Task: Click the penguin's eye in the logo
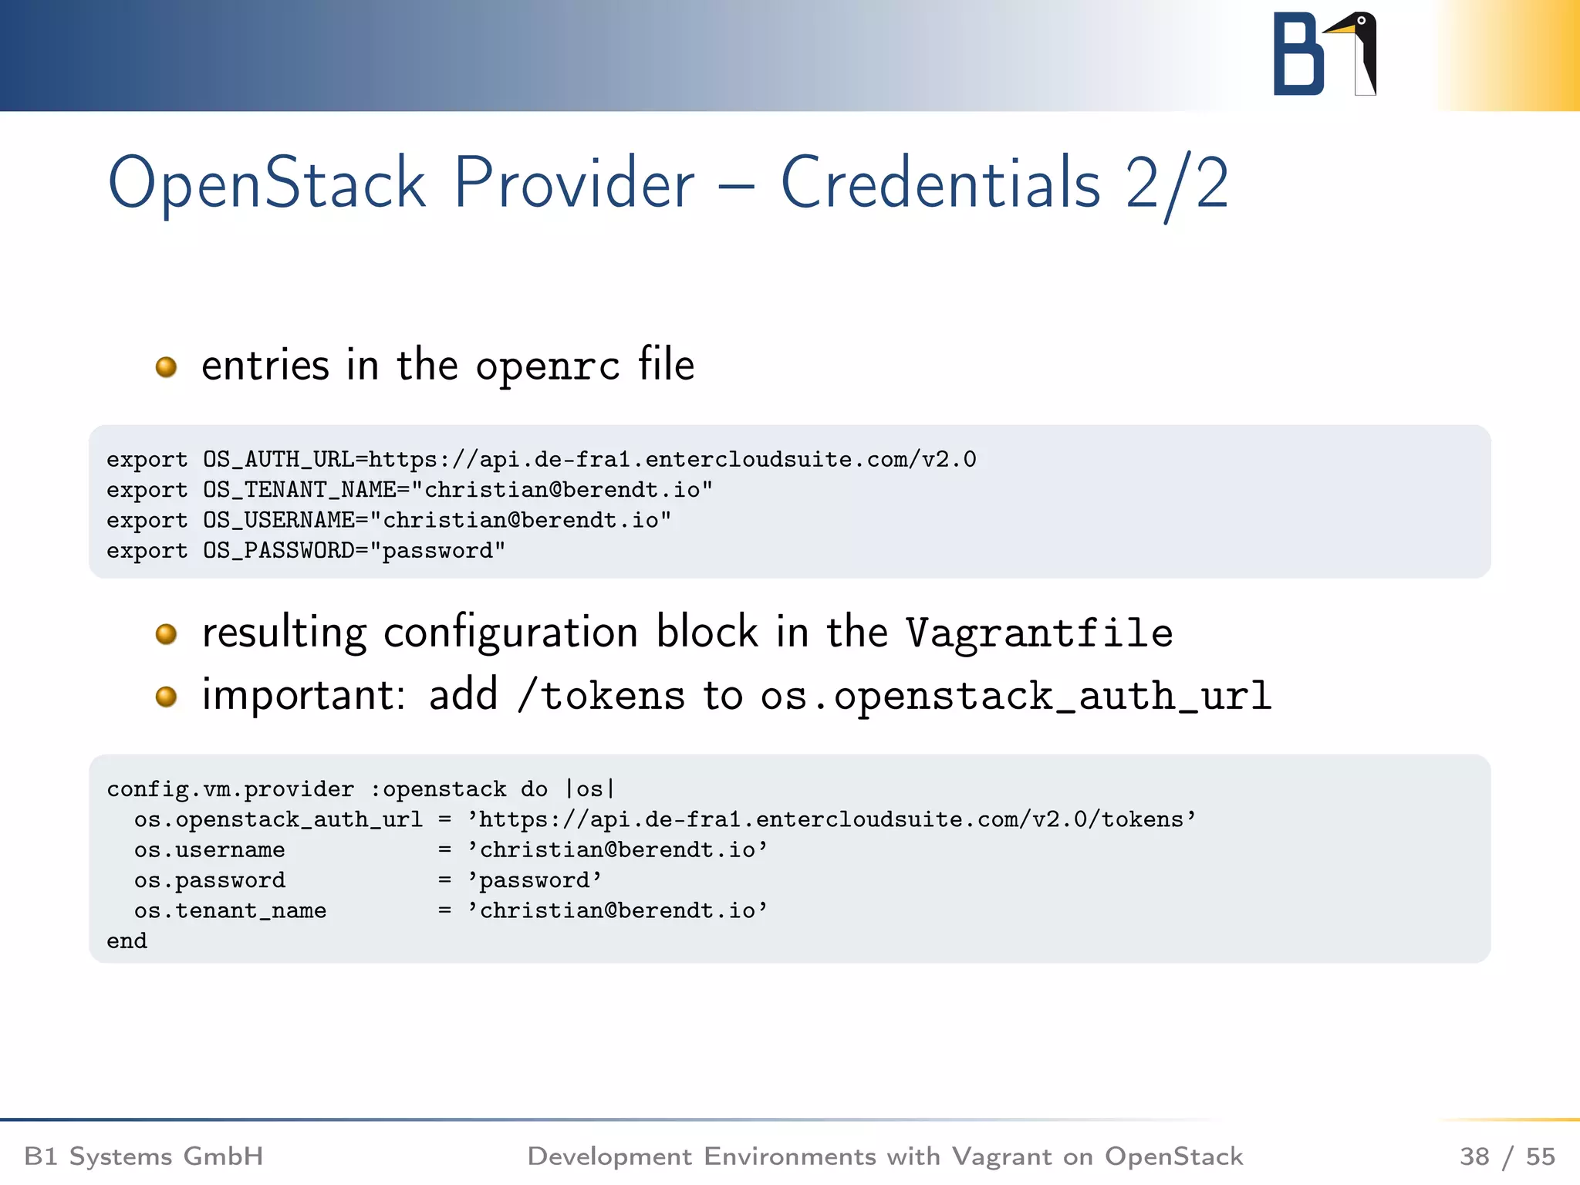pyautogui.click(x=1362, y=21)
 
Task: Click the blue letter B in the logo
pyautogui.click(x=1298, y=56)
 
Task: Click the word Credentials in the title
pyautogui.click(x=940, y=184)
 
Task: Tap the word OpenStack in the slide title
pyautogui.click(x=266, y=184)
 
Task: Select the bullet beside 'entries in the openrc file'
pyautogui.click(x=166, y=366)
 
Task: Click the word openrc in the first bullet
pyautogui.click(x=547, y=366)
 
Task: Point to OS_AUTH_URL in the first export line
pyautogui.click(x=279, y=460)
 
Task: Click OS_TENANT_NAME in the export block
pyautogui.click(x=299, y=490)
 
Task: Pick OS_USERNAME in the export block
pyautogui.click(x=279, y=521)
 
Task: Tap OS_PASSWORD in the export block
pyautogui.click(x=279, y=551)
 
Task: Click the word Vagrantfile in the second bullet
pyautogui.click(x=1038, y=633)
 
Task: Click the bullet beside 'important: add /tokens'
pyautogui.click(x=166, y=697)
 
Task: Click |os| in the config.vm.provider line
pyautogui.click(x=590, y=789)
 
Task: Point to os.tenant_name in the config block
pyautogui.click(x=230, y=911)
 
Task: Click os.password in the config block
pyautogui.click(x=209, y=880)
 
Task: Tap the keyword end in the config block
pyautogui.click(x=127, y=941)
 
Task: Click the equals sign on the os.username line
pyautogui.click(x=444, y=850)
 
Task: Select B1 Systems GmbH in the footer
pyautogui.click(x=143, y=1156)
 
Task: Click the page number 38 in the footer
pyautogui.click(x=1474, y=1156)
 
